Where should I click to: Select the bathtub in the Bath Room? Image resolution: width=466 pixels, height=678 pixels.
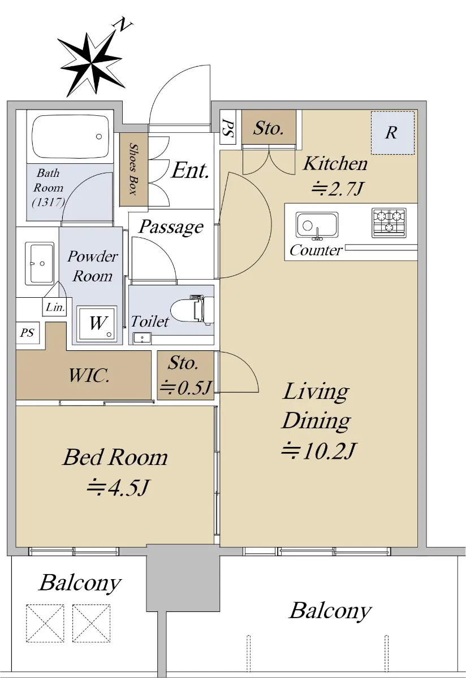coord(70,137)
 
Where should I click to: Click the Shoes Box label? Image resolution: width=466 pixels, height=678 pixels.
coord(133,169)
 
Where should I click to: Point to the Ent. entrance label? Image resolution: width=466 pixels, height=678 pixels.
coord(190,171)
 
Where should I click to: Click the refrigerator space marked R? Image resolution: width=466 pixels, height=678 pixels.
coord(392,133)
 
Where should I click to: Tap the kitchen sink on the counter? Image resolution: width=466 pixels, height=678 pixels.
coord(317,225)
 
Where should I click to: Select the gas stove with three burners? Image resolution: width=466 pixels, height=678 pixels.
coord(389,223)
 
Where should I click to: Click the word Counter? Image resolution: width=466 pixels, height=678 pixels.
coord(316,250)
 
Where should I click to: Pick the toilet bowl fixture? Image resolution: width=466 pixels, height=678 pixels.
coord(192,310)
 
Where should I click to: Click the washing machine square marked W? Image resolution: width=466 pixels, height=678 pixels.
coord(97,324)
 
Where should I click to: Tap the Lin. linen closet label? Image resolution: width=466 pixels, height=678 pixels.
coord(55,307)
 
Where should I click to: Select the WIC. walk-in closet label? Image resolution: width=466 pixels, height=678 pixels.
coord(88,375)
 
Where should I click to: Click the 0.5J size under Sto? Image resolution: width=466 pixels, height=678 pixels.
coord(185,388)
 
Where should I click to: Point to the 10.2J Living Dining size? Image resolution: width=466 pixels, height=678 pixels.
coord(318,451)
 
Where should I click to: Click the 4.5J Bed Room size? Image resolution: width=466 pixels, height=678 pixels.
coord(118,488)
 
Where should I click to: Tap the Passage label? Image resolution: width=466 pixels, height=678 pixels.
coord(171,227)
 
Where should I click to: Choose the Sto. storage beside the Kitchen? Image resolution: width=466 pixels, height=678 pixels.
coord(269,127)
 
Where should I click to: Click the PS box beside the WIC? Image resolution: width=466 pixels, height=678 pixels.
coord(28,333)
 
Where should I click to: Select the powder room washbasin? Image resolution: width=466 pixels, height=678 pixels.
coord(40,263)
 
